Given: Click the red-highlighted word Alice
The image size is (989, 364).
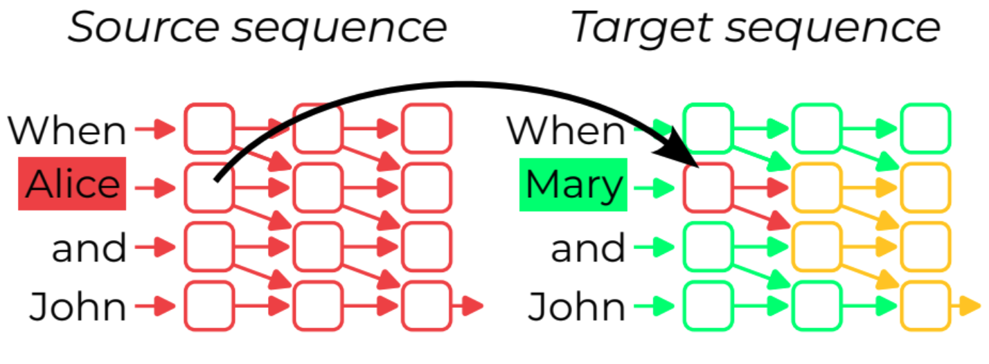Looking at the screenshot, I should coord(72,184).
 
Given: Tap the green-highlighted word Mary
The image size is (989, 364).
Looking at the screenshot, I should coord(573,185).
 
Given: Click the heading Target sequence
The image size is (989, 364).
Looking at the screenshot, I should coord(756,28).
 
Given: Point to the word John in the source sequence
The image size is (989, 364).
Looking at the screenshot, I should coord(78,306).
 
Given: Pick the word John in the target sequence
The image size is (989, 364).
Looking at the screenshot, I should coord(577,306).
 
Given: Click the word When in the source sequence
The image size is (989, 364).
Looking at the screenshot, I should coord(67,129).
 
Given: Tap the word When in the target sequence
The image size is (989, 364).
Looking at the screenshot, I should coord(566,129).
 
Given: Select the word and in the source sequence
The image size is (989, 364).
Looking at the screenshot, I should coord(89,247).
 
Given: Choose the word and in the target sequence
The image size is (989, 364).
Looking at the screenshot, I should coord(588,247).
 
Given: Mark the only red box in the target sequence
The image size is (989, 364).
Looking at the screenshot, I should coord(708,187).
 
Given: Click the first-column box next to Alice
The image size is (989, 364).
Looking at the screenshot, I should coord(208,187).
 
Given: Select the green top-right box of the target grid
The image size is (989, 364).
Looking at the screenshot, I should coord(925,128).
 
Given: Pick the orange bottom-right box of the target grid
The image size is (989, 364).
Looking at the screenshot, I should coord(925,305).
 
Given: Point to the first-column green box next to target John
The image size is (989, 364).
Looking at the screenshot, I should coord(708,305).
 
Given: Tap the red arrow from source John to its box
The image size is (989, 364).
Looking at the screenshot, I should coord(155,304).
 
